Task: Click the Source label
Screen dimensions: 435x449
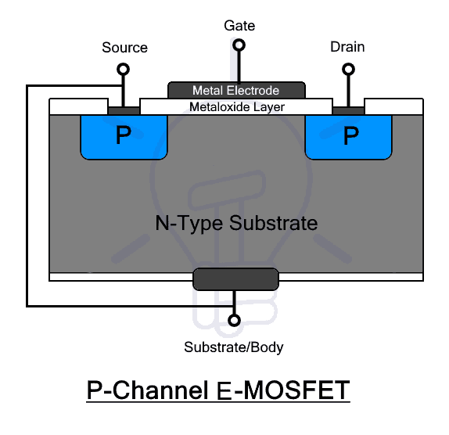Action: click(124, 48)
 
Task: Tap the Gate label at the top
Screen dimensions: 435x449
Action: click(239, 26)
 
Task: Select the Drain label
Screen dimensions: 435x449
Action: click(347, 48)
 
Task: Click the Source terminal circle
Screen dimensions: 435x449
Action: click(123, 70)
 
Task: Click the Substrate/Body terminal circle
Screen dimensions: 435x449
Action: click(233, 320)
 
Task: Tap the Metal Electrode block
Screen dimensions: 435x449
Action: click(235, 91)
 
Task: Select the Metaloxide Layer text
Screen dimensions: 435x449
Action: click(237, 106)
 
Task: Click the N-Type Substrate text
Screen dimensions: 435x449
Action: click(235, 223)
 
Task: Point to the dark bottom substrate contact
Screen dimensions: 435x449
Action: click(235, 279)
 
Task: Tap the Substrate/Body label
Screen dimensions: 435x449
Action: click(233, 347)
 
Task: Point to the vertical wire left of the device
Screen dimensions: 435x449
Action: click(27, 196)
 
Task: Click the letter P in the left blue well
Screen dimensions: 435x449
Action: click(124, 136)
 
